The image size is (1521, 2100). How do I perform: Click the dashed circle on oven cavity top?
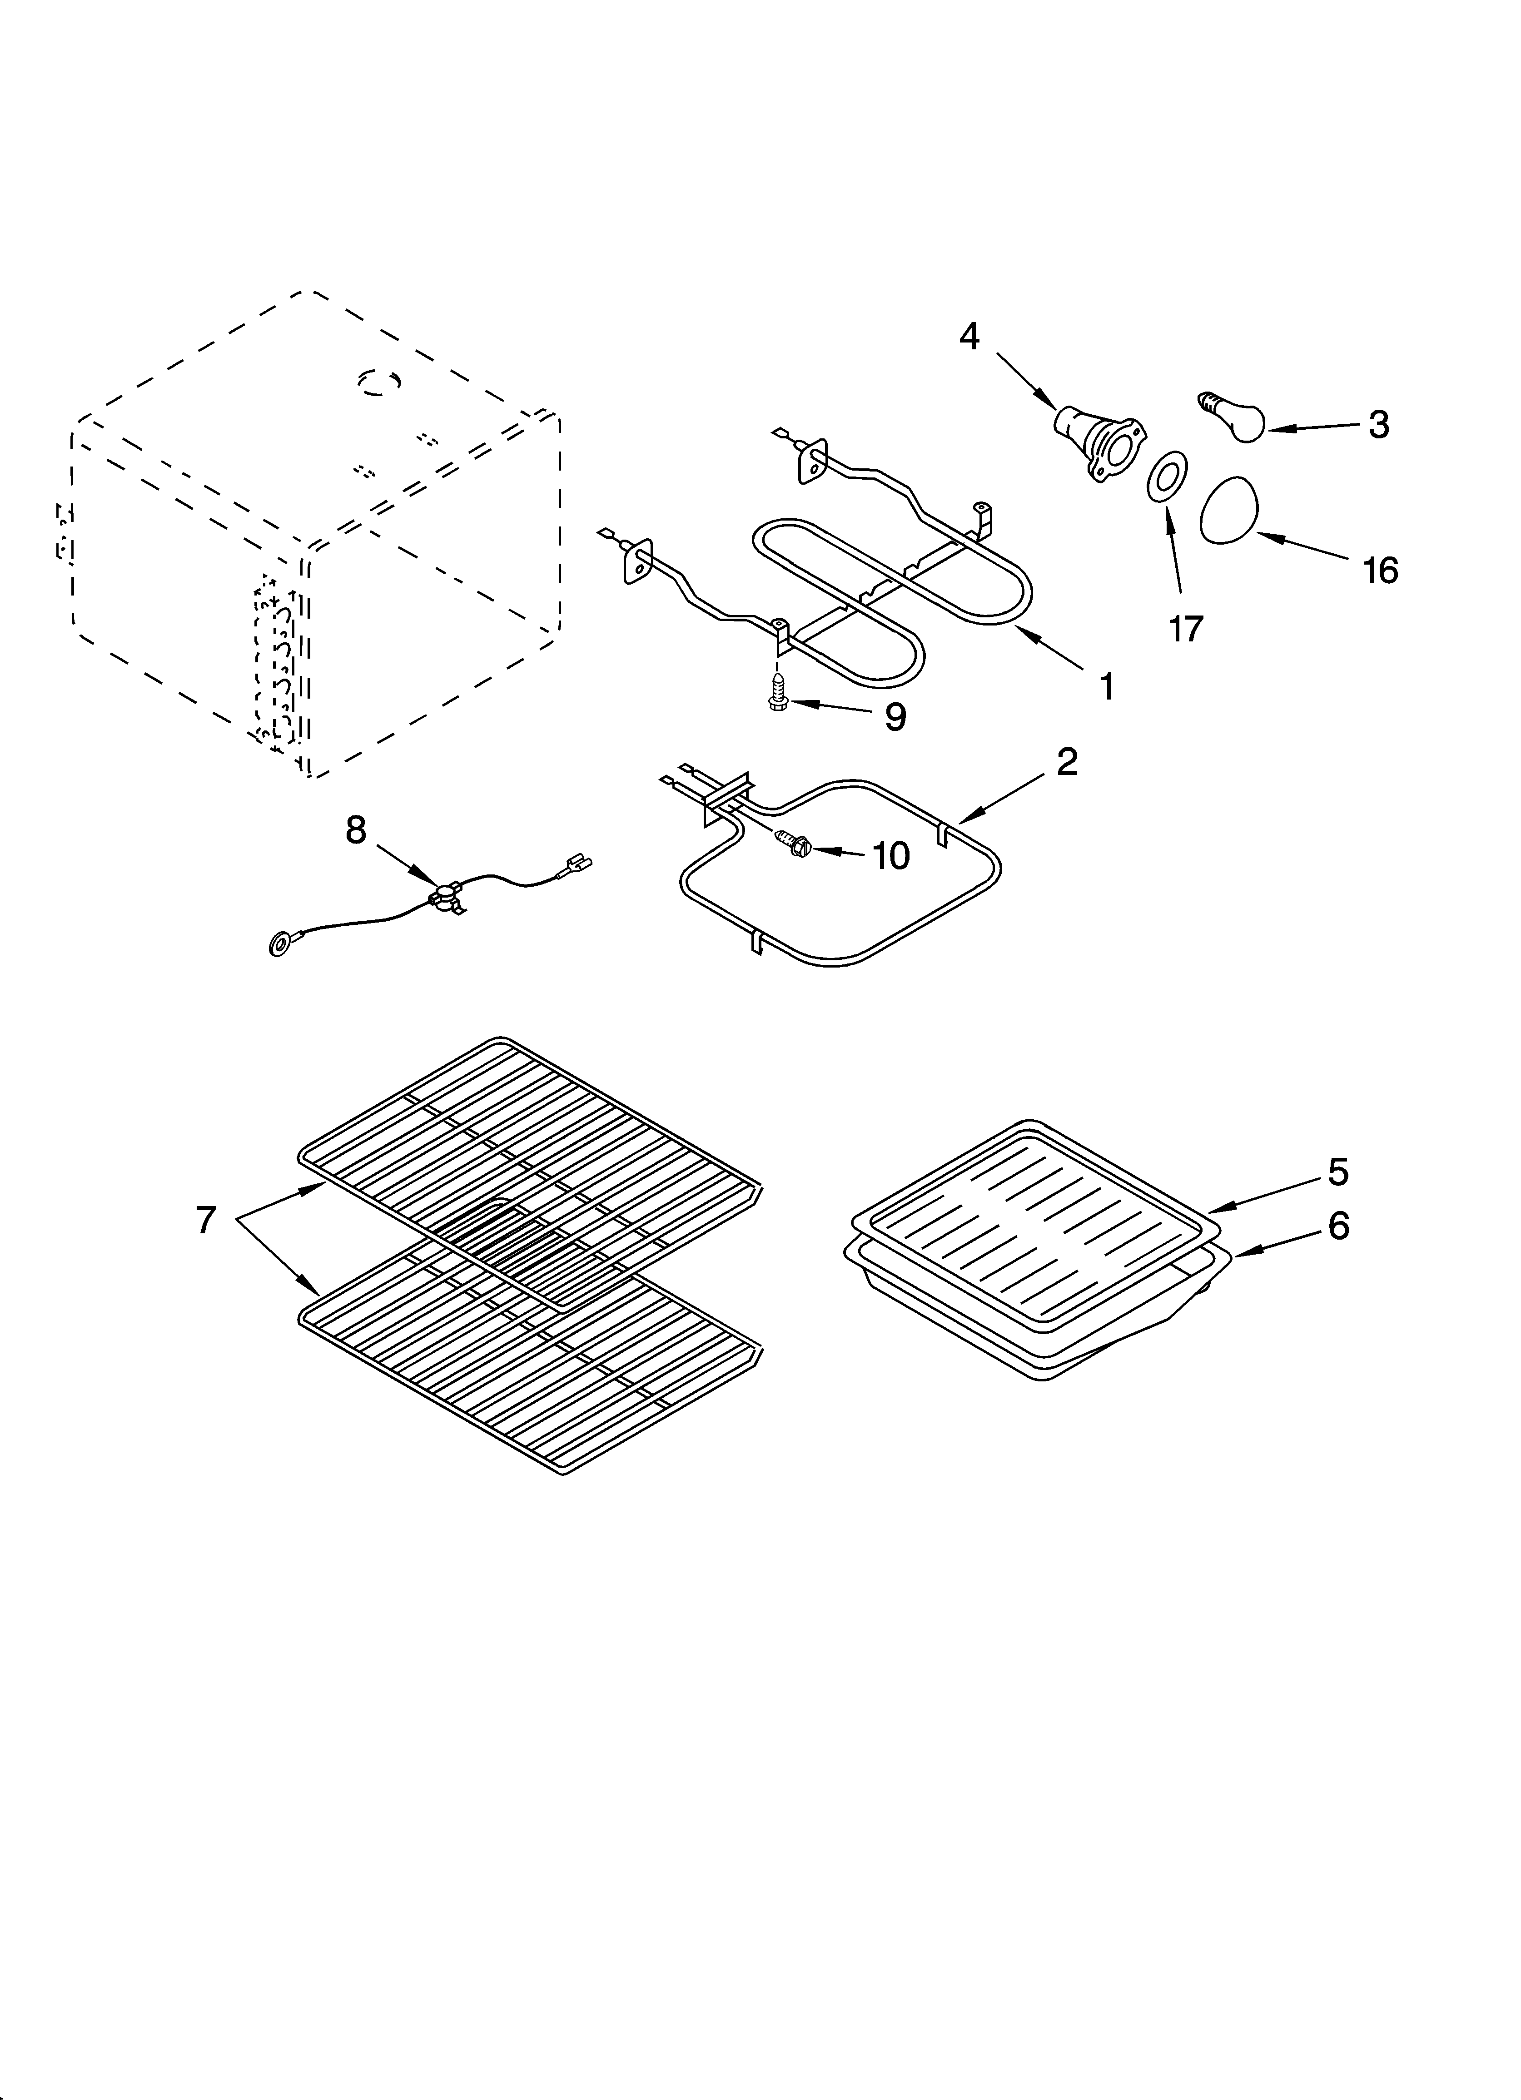pyautogui.click(x=380, y=382)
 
